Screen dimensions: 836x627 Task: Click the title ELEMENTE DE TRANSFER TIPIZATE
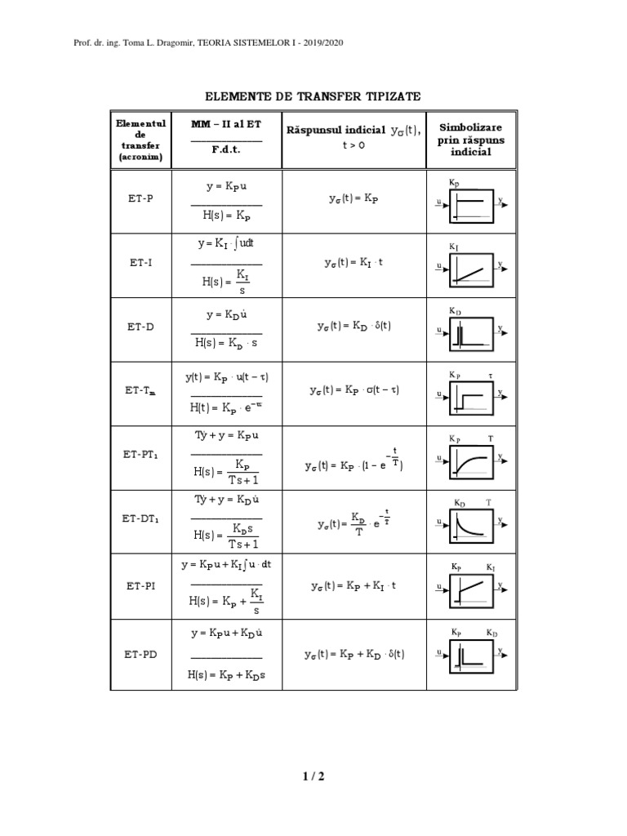pyautogui.click(x=313, y=96)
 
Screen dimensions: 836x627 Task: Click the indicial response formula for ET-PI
pyautogui.click(x=353, y=585)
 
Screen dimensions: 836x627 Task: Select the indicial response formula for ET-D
pyautogui.click(x=354, y=326)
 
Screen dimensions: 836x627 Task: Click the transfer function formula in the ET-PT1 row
pyautogui.click(x=226, y=470)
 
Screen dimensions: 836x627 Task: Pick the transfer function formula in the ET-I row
pyautogui.click(x=226, y=280)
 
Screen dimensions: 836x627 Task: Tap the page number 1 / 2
pyautogui.click(x=313, y=776)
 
